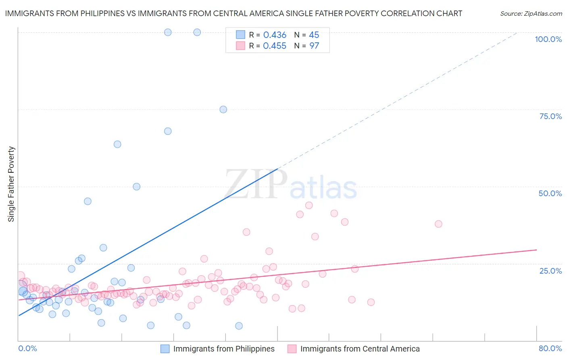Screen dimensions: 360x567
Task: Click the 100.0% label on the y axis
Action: pos(548,39)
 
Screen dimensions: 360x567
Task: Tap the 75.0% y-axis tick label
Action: pos(550,116)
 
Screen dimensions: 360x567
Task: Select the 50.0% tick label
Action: pos(550,193)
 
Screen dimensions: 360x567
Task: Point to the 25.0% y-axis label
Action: pos(550,271)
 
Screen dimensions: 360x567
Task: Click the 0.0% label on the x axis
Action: pos(27,348)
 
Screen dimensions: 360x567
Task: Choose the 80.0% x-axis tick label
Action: pos(550,348)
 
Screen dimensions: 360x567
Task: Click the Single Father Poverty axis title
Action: pos(11,184)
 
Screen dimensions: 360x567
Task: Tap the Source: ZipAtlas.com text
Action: pos(531,13)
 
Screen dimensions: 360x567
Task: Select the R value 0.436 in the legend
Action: pos(275,35)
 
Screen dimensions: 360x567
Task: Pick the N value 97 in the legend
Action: pos(314,46)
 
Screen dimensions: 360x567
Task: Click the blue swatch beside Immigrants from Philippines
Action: pos(165,349)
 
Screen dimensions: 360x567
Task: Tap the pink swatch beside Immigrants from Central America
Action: pos(292,349)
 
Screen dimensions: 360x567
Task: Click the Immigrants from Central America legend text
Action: pos(360,349)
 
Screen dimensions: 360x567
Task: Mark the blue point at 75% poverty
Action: pos(223,109)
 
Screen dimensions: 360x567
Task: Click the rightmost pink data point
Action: pos(438,224)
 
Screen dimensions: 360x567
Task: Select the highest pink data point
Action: pos(309,205)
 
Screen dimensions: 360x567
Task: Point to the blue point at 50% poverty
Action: pos(137,186)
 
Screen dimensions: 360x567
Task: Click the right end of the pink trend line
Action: pos(536,250)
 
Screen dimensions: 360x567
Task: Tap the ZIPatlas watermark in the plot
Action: pos(291,185)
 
